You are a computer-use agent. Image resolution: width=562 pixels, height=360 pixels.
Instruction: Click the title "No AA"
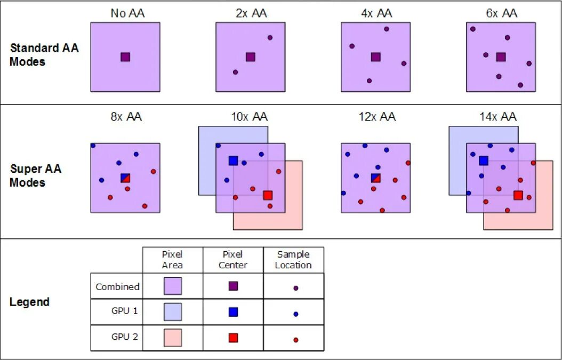[x=127, y=13]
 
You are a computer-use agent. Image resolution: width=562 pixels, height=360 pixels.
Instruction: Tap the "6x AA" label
[x=502, y=13]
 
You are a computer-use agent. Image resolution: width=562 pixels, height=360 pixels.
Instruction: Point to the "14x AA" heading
[x=502, y=117]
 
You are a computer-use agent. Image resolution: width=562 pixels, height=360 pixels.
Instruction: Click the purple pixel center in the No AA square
[x=125, y=57]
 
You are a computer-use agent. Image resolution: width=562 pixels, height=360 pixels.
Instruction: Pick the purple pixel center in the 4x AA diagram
[x=376, y=57]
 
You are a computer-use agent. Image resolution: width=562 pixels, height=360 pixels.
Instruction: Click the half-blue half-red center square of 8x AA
[x=125, y=178]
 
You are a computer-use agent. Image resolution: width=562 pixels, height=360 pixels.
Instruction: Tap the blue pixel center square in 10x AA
[x=233, y=161]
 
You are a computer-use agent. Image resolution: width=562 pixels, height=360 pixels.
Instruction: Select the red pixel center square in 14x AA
[x=518, y=195]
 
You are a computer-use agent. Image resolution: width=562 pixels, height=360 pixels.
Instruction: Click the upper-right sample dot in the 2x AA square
[x=270, y=37]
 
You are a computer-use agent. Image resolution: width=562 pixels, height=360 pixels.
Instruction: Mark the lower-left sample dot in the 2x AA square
[x=235, y=72]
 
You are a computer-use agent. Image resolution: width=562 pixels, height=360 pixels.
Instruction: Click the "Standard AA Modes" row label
[x=44, y=55]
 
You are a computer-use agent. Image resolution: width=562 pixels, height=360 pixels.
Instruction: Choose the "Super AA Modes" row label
[x=36, y=176]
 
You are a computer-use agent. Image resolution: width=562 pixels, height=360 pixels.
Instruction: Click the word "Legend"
[x=29, y=302]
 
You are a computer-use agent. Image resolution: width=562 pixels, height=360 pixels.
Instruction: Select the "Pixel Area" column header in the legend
[x=172, y=260]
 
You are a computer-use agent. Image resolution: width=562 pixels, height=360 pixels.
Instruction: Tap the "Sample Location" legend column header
[x=293, y=260]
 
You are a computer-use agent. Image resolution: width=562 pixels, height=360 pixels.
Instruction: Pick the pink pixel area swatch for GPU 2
[x=172, y=338]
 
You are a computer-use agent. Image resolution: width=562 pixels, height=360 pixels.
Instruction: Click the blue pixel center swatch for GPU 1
[x=233, y=312]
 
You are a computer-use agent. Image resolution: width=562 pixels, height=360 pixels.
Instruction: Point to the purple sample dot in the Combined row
[x=295, y=288]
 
